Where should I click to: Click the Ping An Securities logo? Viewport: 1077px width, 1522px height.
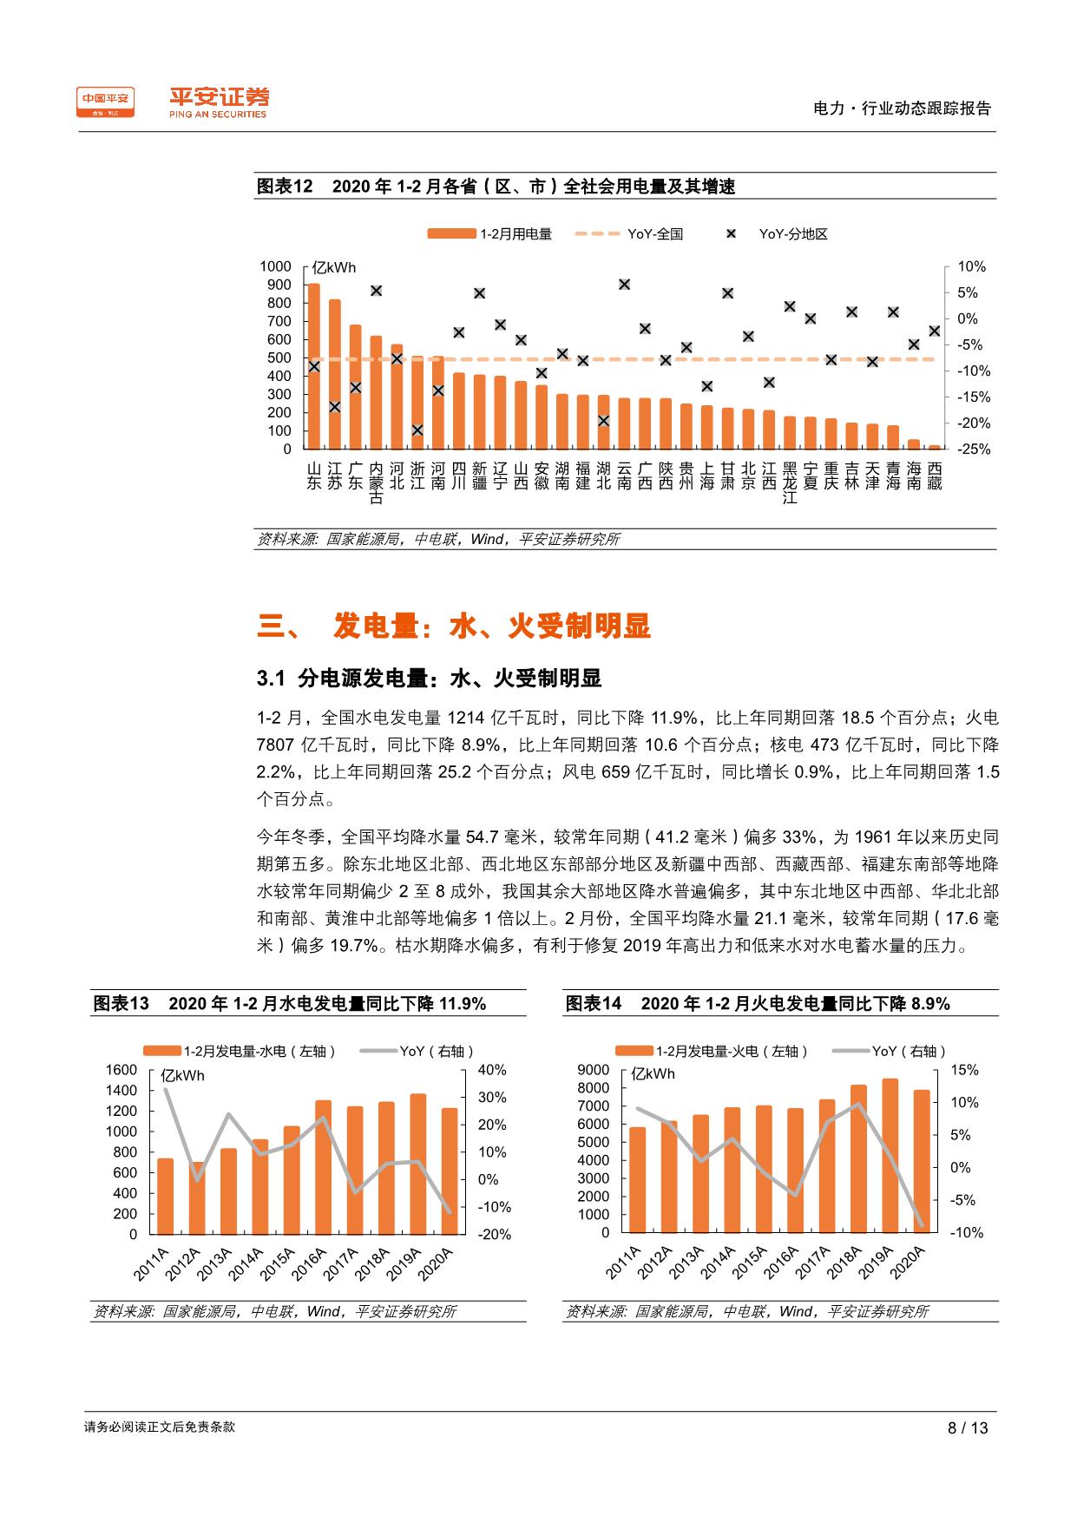click(x=219, y=102)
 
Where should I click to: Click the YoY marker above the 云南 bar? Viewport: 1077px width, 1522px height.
click(x=624, y=284)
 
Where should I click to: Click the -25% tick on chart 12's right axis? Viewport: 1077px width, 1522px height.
click(x=972, y=449)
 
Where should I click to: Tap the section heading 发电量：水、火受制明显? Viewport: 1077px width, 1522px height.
click(x=491, y=627)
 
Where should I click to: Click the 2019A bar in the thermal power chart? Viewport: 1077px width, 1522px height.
click(x=890, y=1155)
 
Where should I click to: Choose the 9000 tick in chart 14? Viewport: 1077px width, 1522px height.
click(x=594, y=1070)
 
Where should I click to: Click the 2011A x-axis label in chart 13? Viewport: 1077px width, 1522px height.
click(x=152, y=1264)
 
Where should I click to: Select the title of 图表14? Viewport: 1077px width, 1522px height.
click(x=758, y=1004)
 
